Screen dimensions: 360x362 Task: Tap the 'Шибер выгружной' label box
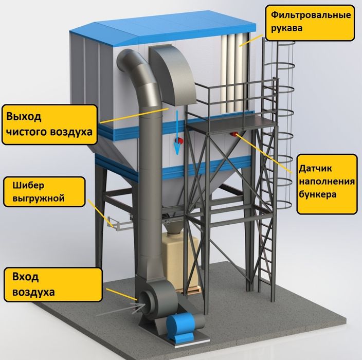(x=43, y=191)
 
